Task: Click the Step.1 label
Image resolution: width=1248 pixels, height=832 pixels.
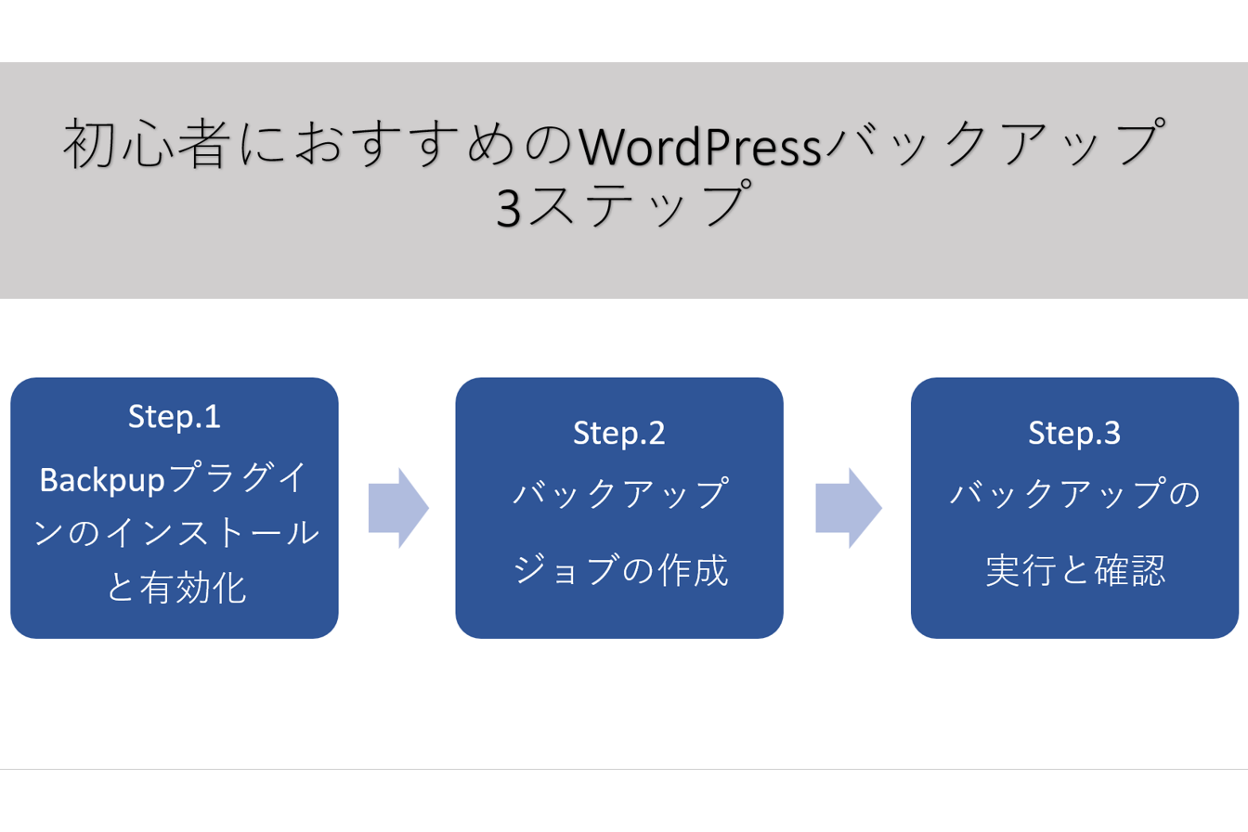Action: click(175, 417)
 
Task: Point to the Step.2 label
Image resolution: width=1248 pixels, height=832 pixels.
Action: click(619, 433)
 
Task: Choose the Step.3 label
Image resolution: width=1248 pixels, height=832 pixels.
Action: click(1074, 433)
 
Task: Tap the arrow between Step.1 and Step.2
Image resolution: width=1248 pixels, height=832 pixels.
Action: click(398, 507)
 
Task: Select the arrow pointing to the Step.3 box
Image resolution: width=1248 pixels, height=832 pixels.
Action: click(848, 507)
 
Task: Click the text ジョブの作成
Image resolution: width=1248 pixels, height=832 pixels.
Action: click(619, 571)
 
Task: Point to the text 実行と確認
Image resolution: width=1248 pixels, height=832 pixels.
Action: click(1074, 571)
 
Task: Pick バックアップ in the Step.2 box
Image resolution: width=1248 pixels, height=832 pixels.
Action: click(619, 494)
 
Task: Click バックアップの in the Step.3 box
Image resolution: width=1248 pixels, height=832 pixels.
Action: click(1074, 494)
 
